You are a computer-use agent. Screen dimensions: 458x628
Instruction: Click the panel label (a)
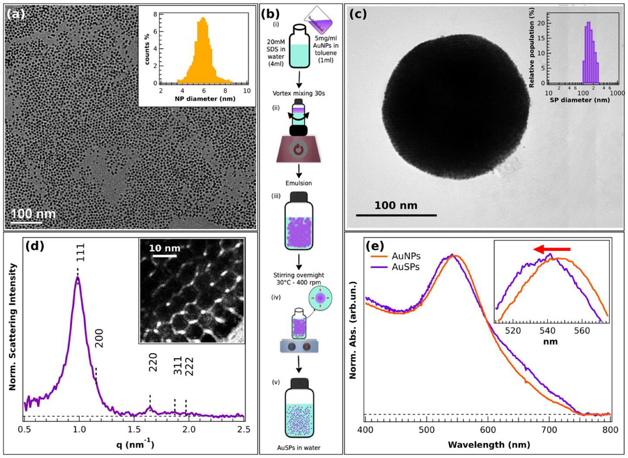pyautogui.click(x=15, y=14)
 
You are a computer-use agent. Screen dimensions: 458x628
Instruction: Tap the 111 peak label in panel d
pyautogui.click(x=80, y=252)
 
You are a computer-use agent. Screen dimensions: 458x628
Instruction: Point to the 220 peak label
pyautogui.click(x=153, y=362)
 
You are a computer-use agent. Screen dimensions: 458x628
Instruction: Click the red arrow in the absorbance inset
pyautogui.click(x=552, y=249)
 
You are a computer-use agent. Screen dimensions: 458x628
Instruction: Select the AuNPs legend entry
pyautogui.click(x=406, y=256)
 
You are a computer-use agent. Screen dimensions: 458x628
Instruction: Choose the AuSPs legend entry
pyautogui.click(x=406, y=267)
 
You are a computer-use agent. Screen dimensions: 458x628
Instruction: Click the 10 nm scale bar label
pyautogui.click(x=164, y=248)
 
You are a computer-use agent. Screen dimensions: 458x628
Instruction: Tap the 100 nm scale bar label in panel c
pyautogui.click(x=396, y=205)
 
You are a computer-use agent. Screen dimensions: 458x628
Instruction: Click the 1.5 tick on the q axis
pyautogui.click(x=134, y=429)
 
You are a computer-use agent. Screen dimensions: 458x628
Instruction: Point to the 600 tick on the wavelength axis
pyautogui.click(x=488, y=429)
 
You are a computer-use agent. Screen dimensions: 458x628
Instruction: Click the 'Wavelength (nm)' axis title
pyautogui.click(x=489, y=445)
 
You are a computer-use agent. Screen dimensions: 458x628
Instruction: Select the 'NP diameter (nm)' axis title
pyautogui.click(x=205, y=99)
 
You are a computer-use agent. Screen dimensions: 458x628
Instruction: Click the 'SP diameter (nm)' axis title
pyautogui.click(x=580, y=100)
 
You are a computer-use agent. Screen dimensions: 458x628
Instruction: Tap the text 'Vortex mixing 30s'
pyautogui.click(x=299, y=93)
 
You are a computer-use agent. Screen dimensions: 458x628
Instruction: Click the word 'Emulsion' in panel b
pyautogui.click(x=299, y=183)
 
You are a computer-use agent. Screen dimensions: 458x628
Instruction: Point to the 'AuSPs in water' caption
pyautogui.click(x=299, y=447)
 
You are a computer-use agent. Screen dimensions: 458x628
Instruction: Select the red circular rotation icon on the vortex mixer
pyautogui.click(x=299, y=150)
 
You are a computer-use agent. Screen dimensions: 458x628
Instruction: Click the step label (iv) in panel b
pyautogui.click(x=276, y=297)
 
